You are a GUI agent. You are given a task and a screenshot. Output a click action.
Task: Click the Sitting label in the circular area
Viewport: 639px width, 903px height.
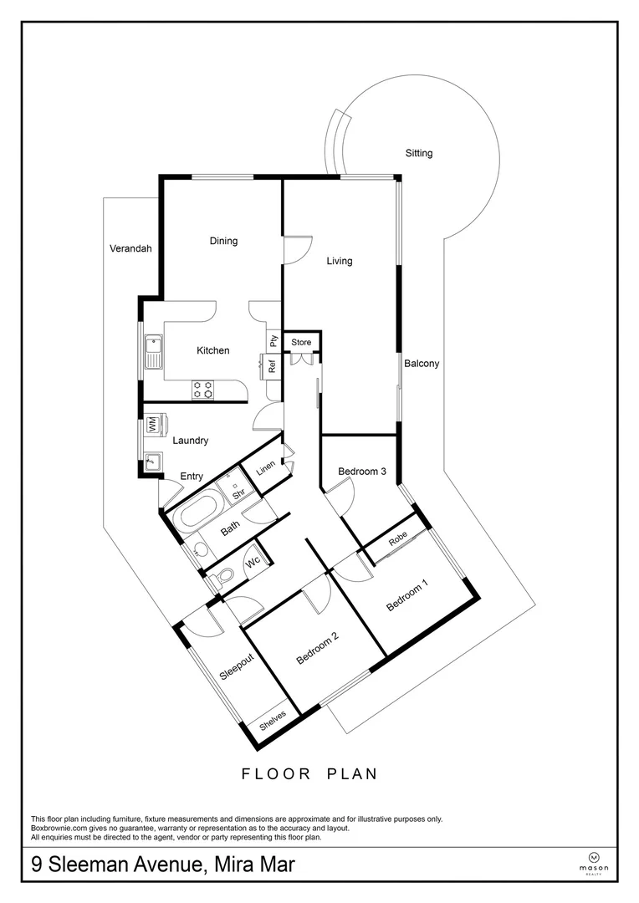click(x=419, y=153)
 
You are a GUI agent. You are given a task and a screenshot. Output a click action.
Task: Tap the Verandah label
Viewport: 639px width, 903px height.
click(x=130, y=248)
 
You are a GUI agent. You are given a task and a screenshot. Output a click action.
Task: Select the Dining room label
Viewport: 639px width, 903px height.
click(x=223, y=241)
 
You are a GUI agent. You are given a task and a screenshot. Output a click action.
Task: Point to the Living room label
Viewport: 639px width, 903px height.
click(x=339, y=261)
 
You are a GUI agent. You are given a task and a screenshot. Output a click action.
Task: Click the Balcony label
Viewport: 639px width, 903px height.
click(x=422, y=364)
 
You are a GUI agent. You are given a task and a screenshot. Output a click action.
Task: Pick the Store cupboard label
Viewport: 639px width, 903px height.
click(x=301, y=343)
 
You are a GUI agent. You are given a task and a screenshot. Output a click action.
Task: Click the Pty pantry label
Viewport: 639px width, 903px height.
click(x=273, y=340)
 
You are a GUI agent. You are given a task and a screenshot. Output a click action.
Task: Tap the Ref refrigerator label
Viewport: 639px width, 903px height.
click(x=272, y=365)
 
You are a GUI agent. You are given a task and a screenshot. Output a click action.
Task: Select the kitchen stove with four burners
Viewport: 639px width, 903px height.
click(x=203, y=388)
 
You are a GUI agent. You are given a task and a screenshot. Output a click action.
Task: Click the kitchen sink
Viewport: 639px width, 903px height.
click(x=154, y=351)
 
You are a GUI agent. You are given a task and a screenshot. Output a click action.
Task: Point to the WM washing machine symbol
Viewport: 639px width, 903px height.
click(x=153, y=425)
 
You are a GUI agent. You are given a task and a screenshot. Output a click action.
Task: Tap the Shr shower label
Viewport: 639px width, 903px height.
click(x=237, y=493)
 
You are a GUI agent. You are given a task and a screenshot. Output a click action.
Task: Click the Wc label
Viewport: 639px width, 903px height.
click(x=253, y=562)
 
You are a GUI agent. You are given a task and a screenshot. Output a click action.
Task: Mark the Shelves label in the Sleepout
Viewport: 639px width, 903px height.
click(x=273, y=720)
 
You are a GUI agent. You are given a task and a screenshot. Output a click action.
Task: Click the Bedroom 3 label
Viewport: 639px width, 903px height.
click(x=361, y=472)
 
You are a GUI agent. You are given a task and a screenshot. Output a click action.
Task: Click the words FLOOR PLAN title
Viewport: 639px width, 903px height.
click(x=309, y=773)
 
